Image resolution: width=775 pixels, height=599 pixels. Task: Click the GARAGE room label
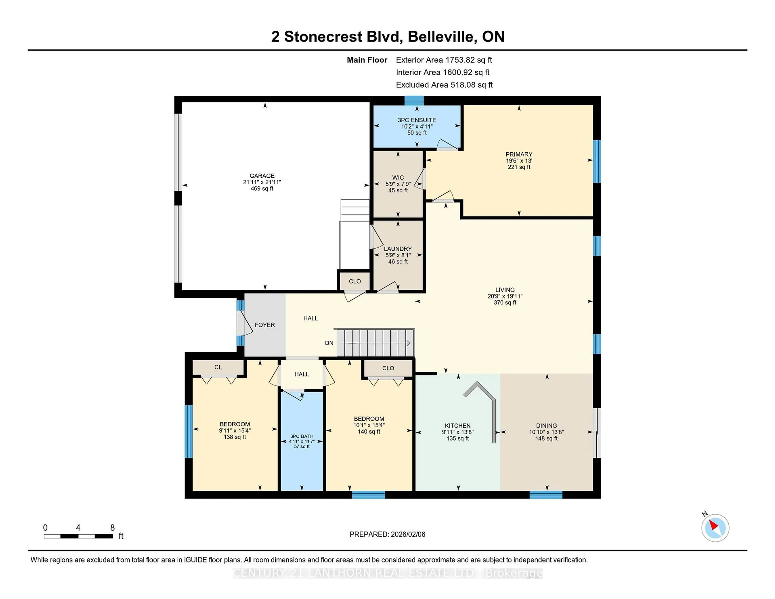pyautogui.click(x=262, y=176)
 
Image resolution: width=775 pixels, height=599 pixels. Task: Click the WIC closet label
pyautogui.click(x=398, y=177)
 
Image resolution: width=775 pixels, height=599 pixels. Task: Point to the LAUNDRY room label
pyautogui.click(x=398, y=249)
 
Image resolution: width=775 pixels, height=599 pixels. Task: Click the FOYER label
pyautogui.click(x=265, y=325)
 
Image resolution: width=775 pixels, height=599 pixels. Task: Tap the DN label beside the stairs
pyautogui.click(x=329, y=343)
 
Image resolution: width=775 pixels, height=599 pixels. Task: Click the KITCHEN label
pyautogui.click(x=457, y=425)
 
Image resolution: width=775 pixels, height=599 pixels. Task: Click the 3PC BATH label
pyautogui.click(x=302, y=436)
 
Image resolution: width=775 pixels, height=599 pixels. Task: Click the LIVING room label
pyautogui.click(x=505, y=290)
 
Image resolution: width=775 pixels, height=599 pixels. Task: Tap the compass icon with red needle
pyautogui.click(x=715, y=528)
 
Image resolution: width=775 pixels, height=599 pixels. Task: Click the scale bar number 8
pyautogui.click(x=112, y=528)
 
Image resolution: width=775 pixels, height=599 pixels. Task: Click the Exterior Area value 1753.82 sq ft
pyautogui.click(x=468, y=60)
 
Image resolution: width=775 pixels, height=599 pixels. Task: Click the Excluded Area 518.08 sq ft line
pyautogui.click(x=444, y=85)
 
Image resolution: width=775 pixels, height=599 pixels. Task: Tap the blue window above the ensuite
pyautogui.click(x=414, y=101)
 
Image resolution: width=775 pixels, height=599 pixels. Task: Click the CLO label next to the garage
pyautogui.click(x=354, y=281)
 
